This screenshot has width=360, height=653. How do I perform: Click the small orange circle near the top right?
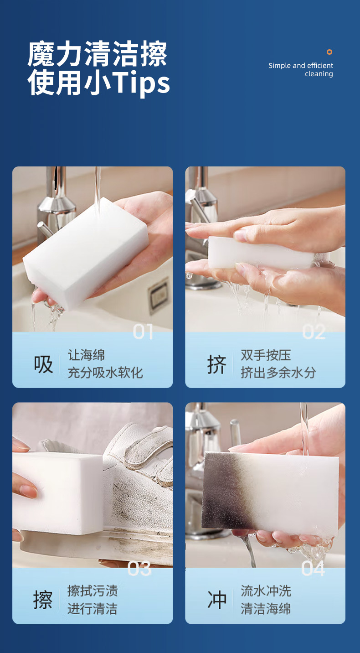point(329,52)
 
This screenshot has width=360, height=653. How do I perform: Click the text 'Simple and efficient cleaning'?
point(301,70)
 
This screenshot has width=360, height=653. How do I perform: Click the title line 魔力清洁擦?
point(98,54)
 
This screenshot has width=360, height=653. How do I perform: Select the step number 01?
point(143,332)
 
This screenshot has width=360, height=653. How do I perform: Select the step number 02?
point(314,332)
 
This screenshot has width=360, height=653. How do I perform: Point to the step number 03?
point(139,568)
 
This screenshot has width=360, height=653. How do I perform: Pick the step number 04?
point(313,568)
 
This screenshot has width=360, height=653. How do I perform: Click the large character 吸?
point(43,364)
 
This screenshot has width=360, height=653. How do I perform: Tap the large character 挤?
point(216,364)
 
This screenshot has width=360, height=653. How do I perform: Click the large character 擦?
point(43,600)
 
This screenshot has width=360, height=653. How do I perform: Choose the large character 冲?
point(217,600)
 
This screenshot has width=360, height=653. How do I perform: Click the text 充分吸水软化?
point(105,373)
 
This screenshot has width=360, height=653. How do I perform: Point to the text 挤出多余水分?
point(278,373)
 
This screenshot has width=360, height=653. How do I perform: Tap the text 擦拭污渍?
point(93,591)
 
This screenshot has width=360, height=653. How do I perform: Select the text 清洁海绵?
point(266,609)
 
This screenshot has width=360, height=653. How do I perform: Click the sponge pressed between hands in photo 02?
point(260,253)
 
